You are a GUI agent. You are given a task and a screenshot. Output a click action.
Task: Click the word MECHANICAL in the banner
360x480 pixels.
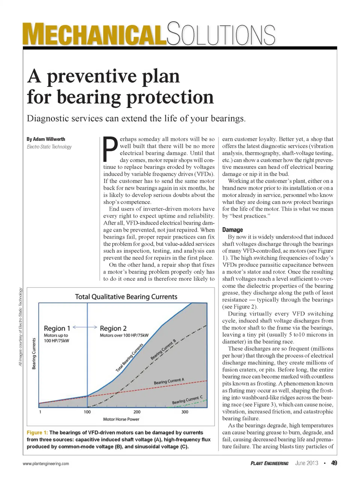click(x=94, y=35)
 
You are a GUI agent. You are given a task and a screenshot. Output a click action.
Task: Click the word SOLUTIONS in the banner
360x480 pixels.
click(x=221, y=35)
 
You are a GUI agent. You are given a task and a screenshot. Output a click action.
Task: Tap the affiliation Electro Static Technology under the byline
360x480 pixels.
click(x=49, y=147)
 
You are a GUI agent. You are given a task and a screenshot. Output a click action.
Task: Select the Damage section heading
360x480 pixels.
click(x=232, y=230)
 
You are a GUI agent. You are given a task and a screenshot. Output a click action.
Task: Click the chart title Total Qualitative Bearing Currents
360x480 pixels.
click(x=126, y=297)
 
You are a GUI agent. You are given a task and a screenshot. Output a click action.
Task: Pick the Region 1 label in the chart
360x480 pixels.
click(x=57, y=328)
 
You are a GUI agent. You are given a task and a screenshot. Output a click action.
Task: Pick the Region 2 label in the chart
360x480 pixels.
click(x=113, y=328)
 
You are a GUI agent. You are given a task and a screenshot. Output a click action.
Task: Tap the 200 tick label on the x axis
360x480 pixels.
click(x=137, y=412)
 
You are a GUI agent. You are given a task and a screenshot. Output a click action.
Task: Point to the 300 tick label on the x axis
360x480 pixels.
click(x=185, y=412)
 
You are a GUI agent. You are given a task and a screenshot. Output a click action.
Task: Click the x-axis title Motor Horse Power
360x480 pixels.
click(x=121, y=419)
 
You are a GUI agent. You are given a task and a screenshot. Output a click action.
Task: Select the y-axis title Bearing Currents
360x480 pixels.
click(x=34, y=354)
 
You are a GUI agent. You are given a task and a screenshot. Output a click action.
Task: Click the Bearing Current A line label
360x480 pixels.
click(x=169, y=381)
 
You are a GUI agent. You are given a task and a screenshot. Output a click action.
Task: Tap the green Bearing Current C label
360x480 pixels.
click(x=187, y=400)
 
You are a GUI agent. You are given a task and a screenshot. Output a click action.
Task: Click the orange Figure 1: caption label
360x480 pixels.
click(x=37, y=433)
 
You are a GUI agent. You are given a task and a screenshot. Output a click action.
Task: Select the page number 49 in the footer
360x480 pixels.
click(x=334, y=463)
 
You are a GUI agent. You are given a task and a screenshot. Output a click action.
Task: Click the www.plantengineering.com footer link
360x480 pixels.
click(x=46, y=463)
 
